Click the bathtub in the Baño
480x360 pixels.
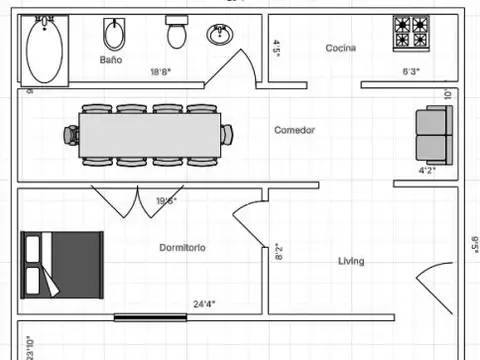coord(47,50)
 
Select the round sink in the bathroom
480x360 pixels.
coord(220,35)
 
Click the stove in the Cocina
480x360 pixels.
coord(410,33)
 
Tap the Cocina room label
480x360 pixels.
coord(343,48)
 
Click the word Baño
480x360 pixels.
coord(111,60)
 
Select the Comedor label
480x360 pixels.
coord(295,130)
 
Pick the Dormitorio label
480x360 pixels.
coord(182,247)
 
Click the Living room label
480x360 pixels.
coord(350,262)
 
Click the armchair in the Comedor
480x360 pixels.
coord(434,135)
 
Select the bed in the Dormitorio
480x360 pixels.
coord(62,263)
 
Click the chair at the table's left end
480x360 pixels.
coord(72,134)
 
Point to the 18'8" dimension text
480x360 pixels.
coord(161,72)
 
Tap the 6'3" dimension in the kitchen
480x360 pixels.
coord(411,72)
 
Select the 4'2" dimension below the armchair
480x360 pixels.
coord(427,171)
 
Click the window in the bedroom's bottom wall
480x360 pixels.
coord(150,318)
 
